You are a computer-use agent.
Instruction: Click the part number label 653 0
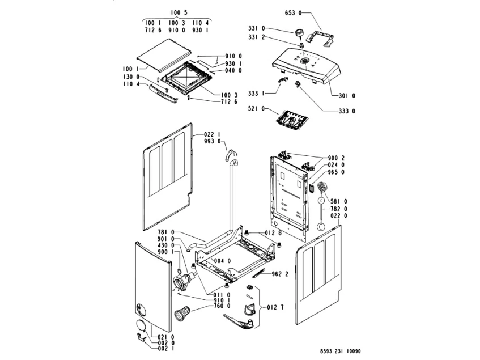click(293, 12)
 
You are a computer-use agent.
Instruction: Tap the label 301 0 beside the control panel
click(347, 95)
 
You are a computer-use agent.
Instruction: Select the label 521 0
click(257, 108)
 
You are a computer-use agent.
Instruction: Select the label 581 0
click(339, 201)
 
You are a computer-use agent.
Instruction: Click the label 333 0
click(347, 111)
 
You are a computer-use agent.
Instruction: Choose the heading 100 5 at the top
click(179, 12)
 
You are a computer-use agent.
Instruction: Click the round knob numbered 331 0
click(300, 32)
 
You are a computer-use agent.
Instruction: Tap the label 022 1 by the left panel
click(211, 134)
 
